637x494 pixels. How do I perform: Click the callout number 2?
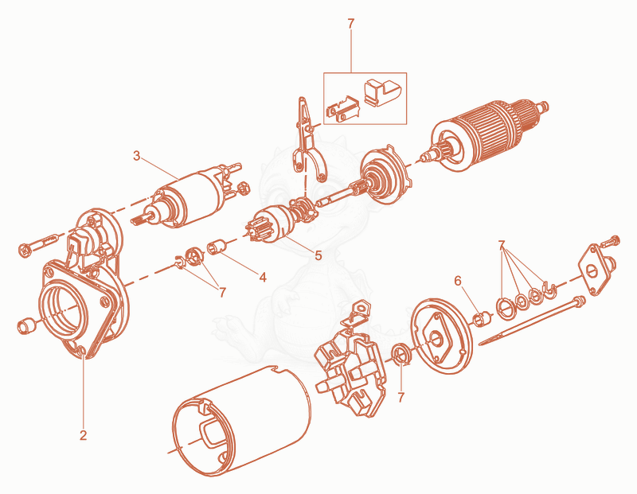point(84,435)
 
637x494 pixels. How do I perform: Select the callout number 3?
point(136,155)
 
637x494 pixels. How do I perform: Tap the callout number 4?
point(263,278)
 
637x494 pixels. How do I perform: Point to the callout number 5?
point(318,255)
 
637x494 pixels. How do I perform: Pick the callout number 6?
point(458,281)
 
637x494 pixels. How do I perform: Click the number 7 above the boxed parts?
point(351,24)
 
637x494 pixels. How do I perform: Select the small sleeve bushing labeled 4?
point(217,247)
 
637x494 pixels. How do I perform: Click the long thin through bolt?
point(531,321)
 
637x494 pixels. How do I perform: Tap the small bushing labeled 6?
point(482,318)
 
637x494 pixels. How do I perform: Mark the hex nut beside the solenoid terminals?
point(242,188)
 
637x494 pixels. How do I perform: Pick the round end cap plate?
point(441,336)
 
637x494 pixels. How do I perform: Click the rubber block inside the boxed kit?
point(382,91)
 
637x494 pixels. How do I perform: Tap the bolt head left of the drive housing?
point(25,249)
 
